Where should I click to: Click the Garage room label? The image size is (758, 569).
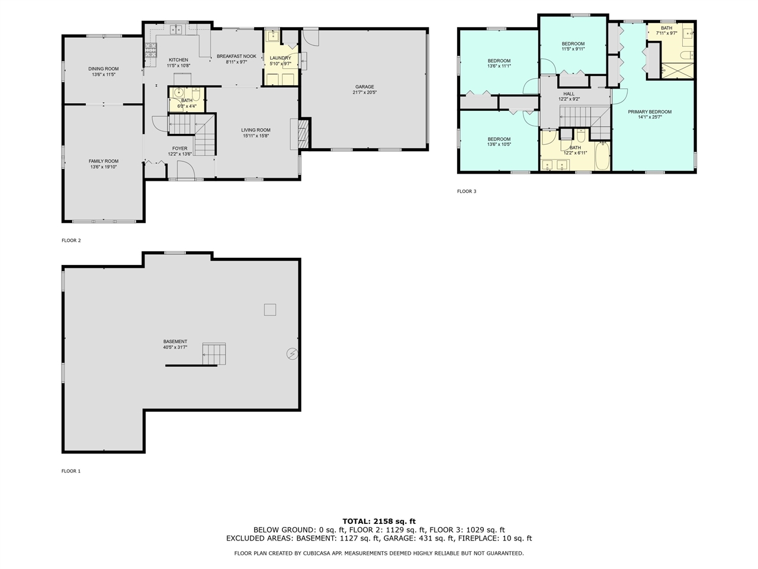tap(364, 87)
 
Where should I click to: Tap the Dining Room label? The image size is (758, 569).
tap(103, 69)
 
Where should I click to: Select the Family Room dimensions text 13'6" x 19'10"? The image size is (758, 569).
tap(103, 167)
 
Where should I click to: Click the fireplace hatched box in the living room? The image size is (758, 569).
tap(303, 134)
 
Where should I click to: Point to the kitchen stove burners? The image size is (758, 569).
tap(150, 50)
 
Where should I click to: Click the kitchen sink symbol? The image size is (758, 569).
tap(175, 30)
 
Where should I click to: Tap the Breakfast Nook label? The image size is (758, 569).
tap(236, 56)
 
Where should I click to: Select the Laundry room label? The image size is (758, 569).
tap(280, 58)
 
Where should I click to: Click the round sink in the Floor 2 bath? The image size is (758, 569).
tap(178, 92)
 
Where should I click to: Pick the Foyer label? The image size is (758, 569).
tap(179, 148)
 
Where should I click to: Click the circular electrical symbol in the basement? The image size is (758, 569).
tap(292, 354)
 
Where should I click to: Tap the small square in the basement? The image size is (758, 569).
tap(269, 309)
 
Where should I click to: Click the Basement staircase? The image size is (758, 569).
tap(214, 354)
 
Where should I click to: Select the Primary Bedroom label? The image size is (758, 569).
tap(650, 112)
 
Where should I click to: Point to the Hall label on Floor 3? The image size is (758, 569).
tap(568, 94)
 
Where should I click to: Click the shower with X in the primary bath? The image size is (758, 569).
tap(677, 71)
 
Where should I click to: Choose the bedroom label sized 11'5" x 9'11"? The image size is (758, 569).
tap(573, 44)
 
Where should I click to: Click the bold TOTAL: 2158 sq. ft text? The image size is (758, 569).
tap(379, 522)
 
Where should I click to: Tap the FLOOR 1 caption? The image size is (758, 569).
tap(71, 471)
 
